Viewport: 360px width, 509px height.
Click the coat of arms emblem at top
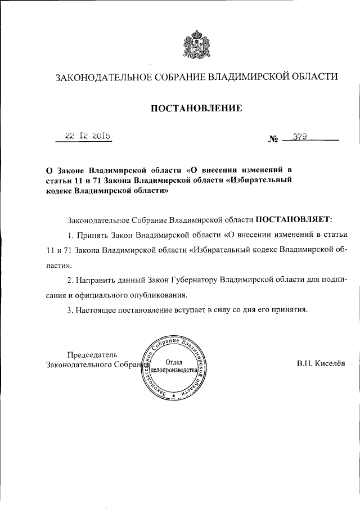pos(196,45)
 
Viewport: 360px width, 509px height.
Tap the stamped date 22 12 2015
pos(87,136)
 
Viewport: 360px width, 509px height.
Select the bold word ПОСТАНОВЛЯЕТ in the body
pos(294,217)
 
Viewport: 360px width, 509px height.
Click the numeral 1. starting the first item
pos(70,233)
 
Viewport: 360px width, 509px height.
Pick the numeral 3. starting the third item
pos(70,309)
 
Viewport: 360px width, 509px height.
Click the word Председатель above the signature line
pos(93,354)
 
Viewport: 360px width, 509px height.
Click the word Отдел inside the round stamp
pos(174,363)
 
